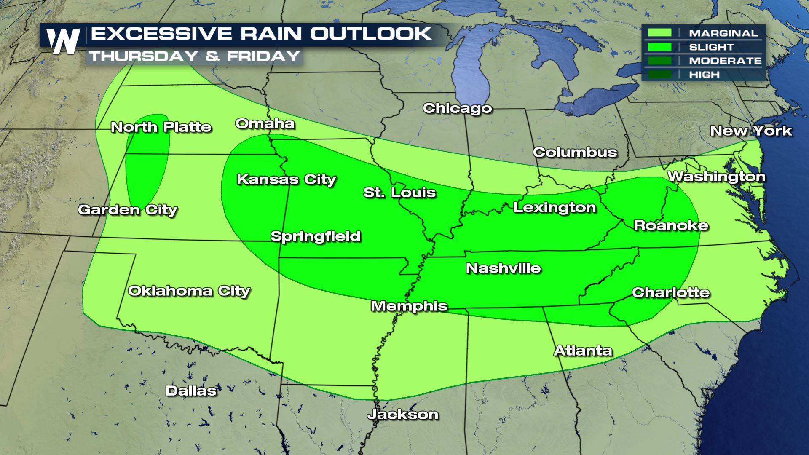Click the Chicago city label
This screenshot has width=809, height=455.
(x=457, y=108)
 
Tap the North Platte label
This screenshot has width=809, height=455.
(x=161, y=127)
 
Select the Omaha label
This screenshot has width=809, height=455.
(x=265, y=124)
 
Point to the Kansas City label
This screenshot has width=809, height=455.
(x=286, y=179)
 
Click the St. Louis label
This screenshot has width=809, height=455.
(x=399, y=193)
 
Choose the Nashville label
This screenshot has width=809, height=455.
(x=503, y=268)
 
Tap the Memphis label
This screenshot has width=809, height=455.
(x=409, y=306)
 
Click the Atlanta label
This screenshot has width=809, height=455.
(x=583, y=351)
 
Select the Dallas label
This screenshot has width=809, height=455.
(x=191, y=391)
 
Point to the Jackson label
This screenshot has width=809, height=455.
(x=403, y=415)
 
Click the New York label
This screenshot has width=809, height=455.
(x=751, y=131)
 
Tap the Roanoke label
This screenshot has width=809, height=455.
(x=671, y=226)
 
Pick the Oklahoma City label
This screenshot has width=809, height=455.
(x=189, y=291)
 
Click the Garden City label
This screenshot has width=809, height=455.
(x=128, y=210)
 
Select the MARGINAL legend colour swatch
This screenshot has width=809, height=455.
(x=660, y=33)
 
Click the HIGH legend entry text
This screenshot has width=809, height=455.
(x=704, y=75)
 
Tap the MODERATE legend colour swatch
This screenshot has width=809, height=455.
(x=660, y=61)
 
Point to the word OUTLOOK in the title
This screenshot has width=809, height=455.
(x=371, y=34)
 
